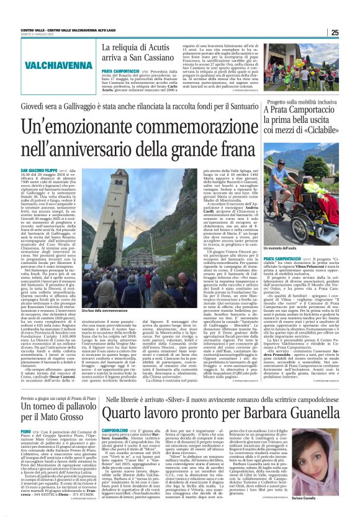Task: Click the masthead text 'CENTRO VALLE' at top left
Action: pos(32,29)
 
